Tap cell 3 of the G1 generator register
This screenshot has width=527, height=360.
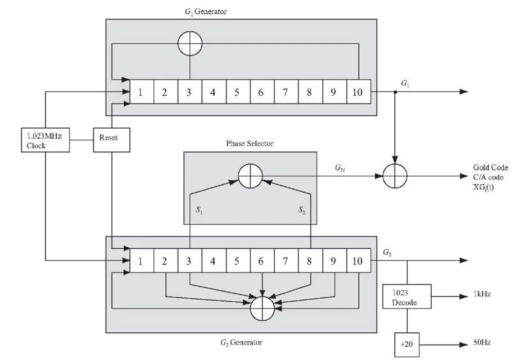click(189, 93)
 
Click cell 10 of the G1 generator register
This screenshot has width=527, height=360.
click(358, 93)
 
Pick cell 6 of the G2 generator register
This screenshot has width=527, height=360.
click(261, 261)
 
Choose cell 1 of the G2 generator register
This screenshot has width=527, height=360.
click(140, 261)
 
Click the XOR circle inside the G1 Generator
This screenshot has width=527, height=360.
click(190, 44)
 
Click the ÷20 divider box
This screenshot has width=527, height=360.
click(407, 344)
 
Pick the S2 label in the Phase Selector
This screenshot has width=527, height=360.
click(302, 210)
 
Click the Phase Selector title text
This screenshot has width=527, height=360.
click(250, 144)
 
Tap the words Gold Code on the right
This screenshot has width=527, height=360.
click(490, 168)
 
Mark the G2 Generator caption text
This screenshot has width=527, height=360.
click(241, 341)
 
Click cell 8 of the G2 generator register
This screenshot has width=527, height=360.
click(309, 261)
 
